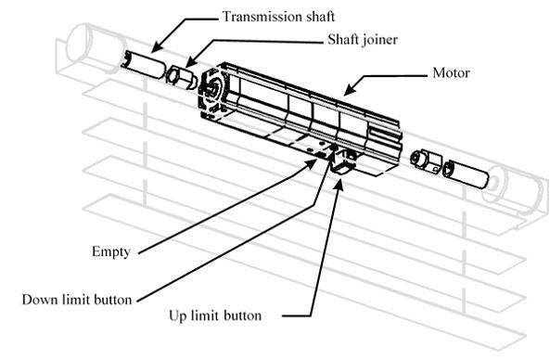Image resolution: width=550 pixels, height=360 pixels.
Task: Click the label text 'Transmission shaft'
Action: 278,17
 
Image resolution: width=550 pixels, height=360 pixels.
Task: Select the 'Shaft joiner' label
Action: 363,39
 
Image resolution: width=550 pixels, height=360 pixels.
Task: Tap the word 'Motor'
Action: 451,72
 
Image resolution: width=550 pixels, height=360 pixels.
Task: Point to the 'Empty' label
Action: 111,252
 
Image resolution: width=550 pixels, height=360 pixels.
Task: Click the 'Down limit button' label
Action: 77,300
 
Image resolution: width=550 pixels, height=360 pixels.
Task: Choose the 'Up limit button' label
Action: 215,315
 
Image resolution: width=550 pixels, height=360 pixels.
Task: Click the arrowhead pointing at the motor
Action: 351,88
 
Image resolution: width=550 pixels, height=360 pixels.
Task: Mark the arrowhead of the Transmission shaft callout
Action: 157,47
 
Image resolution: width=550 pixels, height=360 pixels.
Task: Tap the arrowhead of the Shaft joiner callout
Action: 189,61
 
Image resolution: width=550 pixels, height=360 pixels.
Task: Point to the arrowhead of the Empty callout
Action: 310,163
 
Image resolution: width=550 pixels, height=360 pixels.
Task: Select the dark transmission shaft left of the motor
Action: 143,64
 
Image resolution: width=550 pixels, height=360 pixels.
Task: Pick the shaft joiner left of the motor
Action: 182,77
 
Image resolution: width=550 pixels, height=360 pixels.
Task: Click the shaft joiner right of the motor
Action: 426,160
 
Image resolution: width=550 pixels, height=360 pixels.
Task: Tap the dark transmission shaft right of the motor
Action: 466,174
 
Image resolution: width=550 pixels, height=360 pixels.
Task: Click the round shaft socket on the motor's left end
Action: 211,88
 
